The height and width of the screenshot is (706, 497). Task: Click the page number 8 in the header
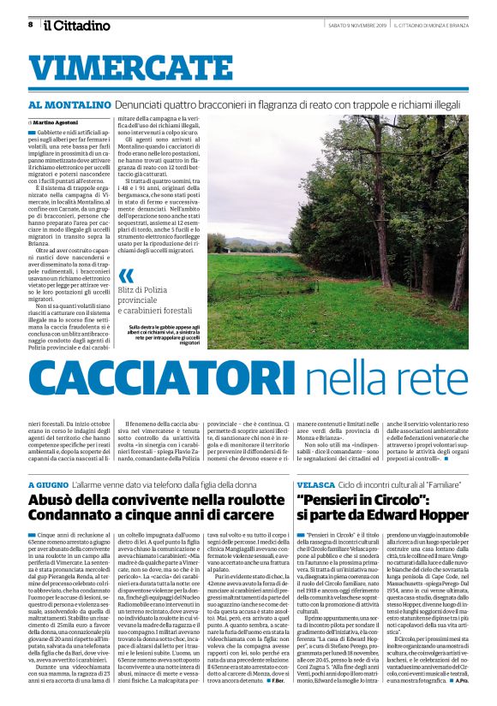[x=30, y=25]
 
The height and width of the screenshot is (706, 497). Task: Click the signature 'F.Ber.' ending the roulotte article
[x=276, y=680]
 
